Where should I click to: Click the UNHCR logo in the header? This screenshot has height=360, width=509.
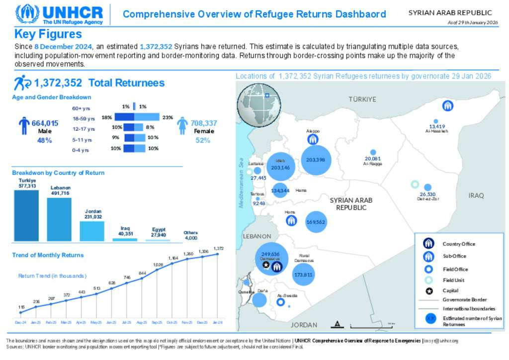pyautogui.click(x=59, y=14)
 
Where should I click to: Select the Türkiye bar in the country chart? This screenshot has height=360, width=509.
pyautogui.click(x=26, y=215)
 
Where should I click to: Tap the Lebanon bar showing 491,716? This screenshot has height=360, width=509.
pyautogui.click(x=59, y=219)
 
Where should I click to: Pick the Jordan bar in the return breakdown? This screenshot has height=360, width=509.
pyautogui.click(x=92, y=231)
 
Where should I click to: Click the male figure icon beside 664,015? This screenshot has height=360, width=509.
pyautogui.click(x=24, y=126)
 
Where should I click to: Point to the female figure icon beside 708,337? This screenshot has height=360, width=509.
pyautogui.click(x=182, y=125)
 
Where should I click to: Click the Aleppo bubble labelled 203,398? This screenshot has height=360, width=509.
pyautogui.click(x=316, y=160)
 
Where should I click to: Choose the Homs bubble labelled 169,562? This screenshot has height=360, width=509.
pyautogui.click(x=316, y=222)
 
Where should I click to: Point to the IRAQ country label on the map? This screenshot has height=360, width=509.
pyautogui.click(x=476, y=195)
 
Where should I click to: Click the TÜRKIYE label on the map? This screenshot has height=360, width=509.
pyautogui.click(x=362, y=99)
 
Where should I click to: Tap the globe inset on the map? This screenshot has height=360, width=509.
pyautogui.click(x=259, y=104)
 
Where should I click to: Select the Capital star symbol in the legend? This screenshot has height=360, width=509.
pyautogui.click(x=429, y=290)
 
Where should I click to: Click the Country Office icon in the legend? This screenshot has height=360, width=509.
pyautogui.click(x=429, y=244)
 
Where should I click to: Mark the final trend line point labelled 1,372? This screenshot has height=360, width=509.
pyautogui.click(x=218, y=254)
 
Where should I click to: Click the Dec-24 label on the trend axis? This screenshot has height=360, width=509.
pyautogui.click(x=21, y=323)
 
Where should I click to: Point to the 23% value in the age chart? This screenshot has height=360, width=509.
pyautogui.click(x=168, y=117)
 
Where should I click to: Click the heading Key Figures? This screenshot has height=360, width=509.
pyautogui.click(x=48, y=34)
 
